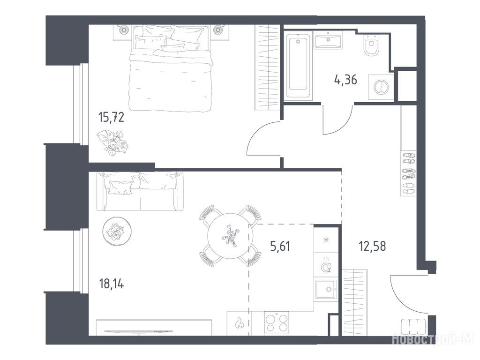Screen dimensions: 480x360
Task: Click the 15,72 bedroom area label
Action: click(x=111, y=117)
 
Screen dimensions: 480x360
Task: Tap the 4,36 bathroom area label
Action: click(x=345, y=80)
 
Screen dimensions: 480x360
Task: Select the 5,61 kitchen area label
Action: click(x=280, y=246)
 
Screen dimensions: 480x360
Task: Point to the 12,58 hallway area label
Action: click(x=372, y=246)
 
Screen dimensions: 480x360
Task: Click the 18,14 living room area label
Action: click(x=112, y=285)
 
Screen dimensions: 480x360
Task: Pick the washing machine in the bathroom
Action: click(x=381, y=87)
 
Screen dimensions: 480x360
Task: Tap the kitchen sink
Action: click(x=326, y=289)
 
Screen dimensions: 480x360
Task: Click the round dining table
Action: click(x=230, y=236)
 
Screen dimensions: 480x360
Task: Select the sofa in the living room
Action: click(x=140, y=191)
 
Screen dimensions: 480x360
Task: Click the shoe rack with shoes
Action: click(x=408, y=173)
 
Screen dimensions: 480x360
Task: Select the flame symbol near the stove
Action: click(x=239, y=323)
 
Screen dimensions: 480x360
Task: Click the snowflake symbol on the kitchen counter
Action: click(x=326, y=239)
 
